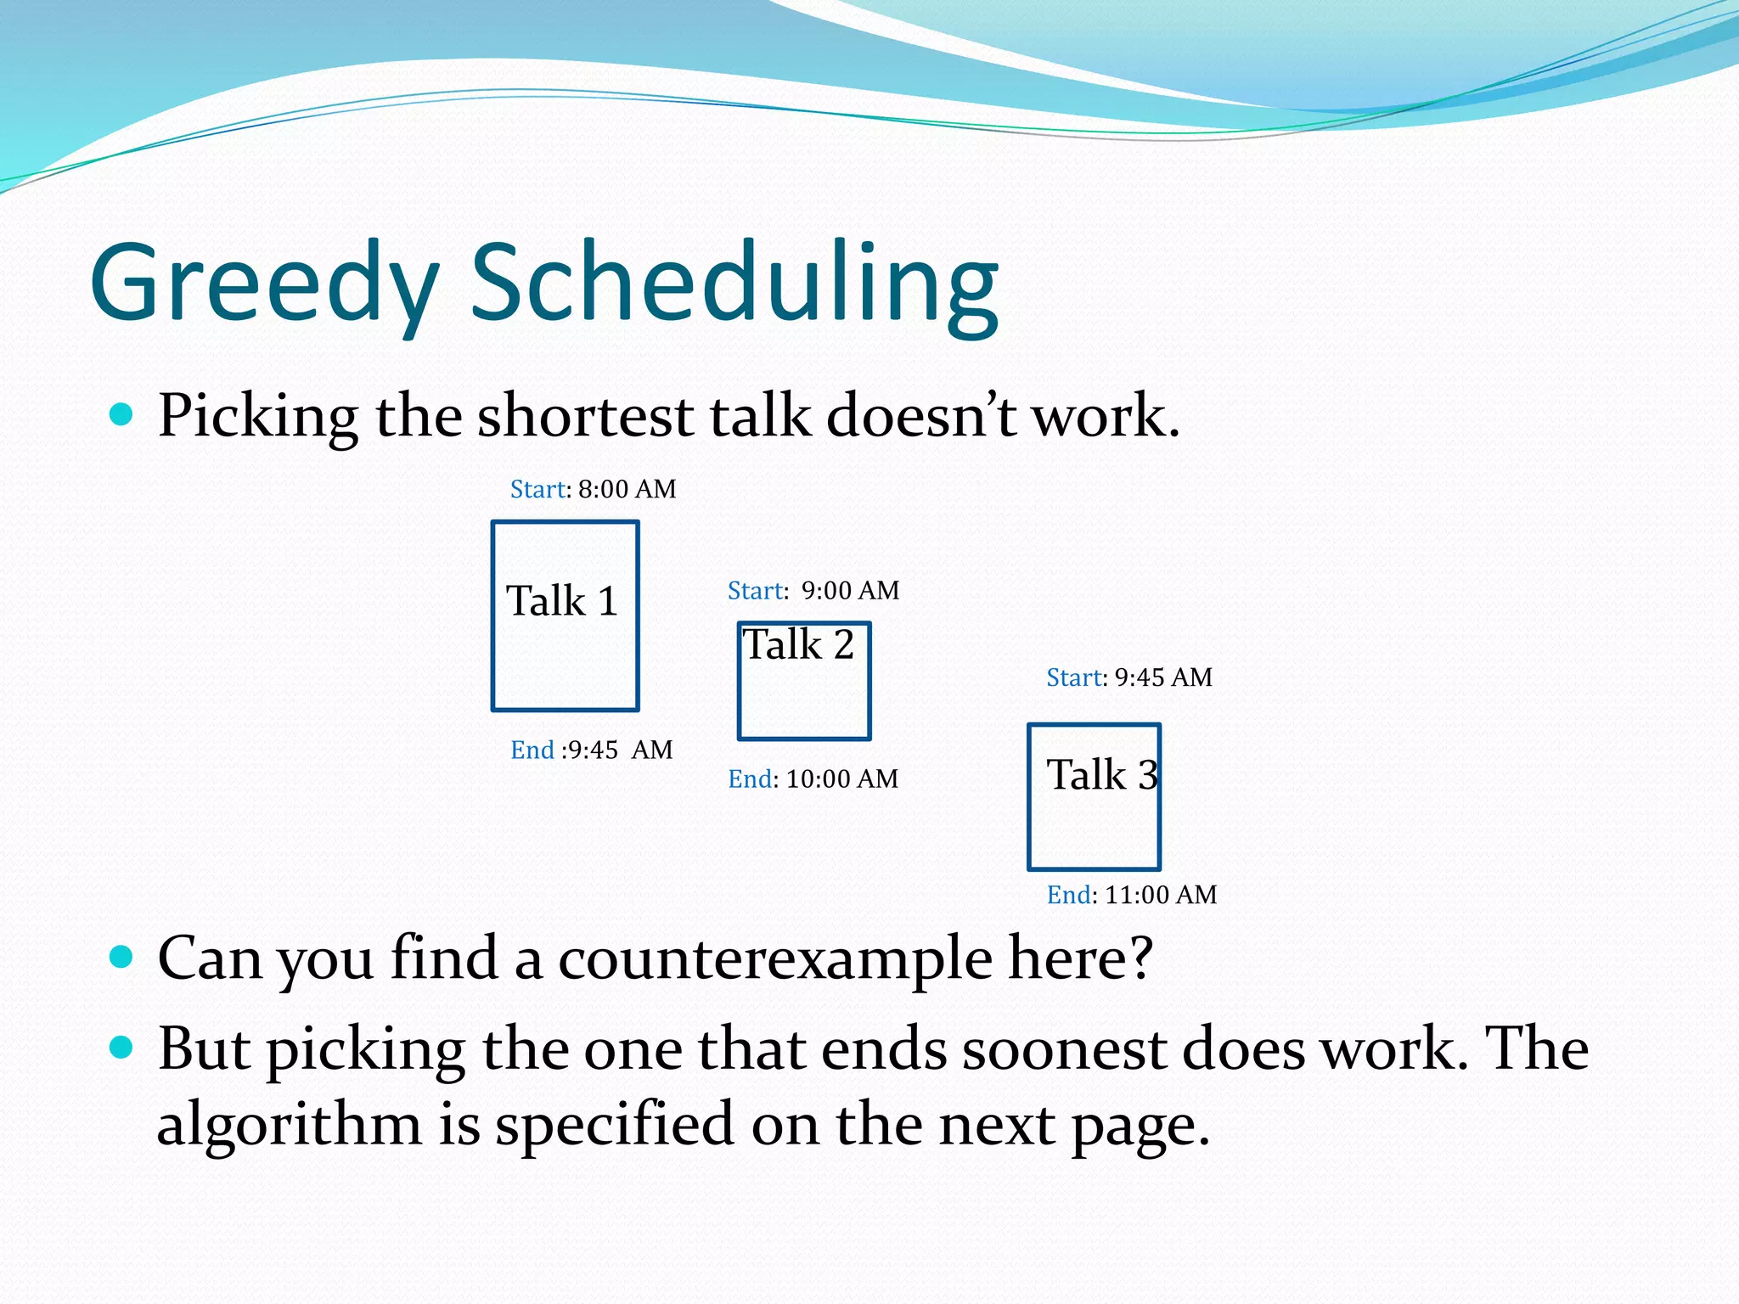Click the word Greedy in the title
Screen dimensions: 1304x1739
point(264,283)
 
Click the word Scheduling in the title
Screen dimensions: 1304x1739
point(734,283)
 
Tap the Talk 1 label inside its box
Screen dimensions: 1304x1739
point(561,601)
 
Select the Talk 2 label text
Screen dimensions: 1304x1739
point(798,644)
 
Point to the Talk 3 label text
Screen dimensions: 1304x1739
point(1101,774)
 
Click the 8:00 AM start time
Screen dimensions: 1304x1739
point(627,489)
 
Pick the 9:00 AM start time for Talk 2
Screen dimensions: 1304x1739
point(850,590)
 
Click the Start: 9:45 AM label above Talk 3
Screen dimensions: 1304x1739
point(1128,677)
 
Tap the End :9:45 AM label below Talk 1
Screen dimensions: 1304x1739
point(591,750)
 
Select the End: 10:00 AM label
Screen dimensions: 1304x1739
point(813,778)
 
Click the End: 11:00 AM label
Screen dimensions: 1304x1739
point(1131,895)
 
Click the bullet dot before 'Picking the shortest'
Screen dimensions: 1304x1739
point(122,414)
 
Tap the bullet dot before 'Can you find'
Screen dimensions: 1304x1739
point(122,957)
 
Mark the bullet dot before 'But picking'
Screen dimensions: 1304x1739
point(122,1047)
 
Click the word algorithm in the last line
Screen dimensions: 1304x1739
point(290,1124)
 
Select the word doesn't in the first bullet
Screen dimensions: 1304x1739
point(920,416)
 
